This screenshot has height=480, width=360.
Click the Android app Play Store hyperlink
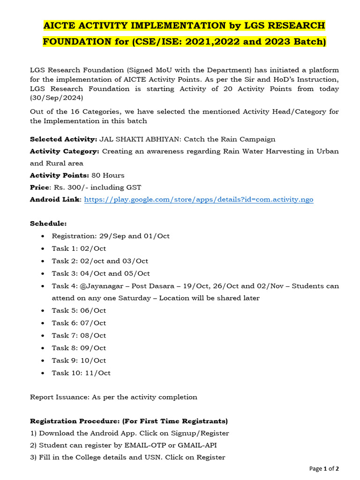tap(198, 199)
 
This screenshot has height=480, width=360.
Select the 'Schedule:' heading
tap(48, 224)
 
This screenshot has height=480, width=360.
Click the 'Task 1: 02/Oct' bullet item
tap(79, 248)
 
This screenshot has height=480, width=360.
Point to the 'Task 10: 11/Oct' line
tap(81, 373)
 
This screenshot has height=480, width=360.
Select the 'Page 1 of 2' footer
tap(324, 468)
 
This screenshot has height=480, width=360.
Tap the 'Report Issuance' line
tap(113, 397)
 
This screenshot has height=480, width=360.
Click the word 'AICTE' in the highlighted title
tap(61, 25)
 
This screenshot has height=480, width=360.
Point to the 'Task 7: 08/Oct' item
tap(79, 336)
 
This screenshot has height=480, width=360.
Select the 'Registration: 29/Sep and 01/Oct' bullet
tap(110, 236)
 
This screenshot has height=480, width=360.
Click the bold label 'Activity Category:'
tap(65, 151)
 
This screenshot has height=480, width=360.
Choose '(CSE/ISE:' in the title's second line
tap(155, 42)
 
